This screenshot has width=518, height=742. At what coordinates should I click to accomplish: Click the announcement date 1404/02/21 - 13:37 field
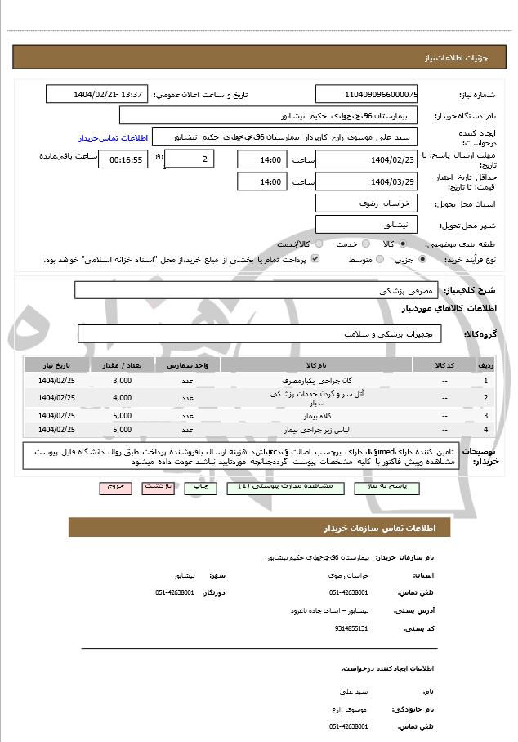pos(96,94)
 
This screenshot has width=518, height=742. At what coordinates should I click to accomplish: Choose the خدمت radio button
pos(365,244)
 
